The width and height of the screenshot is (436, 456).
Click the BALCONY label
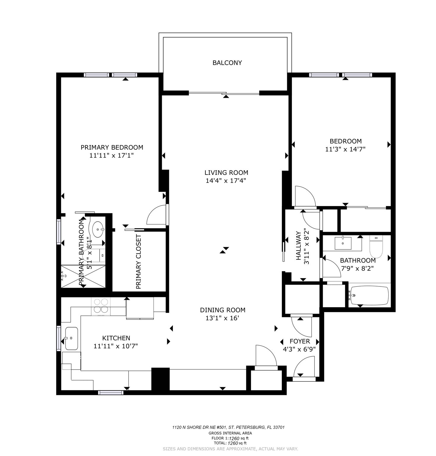[x=227, y=63]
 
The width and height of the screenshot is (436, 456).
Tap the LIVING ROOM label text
[x=226, y=172]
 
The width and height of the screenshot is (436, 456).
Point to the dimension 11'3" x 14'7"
[x=345, y=149]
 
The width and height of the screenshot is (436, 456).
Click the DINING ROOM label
[x=223, y=310]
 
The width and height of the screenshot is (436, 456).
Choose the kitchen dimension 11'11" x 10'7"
[x=116, y=346]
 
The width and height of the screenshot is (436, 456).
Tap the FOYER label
[x=300, y=341]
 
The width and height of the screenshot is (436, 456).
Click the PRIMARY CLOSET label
[x=138, y=262]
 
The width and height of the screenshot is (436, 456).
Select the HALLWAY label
[x=299, y=246]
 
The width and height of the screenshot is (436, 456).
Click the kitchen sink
[x=71, y=338]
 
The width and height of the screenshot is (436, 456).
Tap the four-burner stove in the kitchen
[x=101, y=306]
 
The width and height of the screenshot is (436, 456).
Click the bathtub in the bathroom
[x=369, y=296]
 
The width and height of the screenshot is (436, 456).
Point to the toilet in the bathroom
[x=376, y=246]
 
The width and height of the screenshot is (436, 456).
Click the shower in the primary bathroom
[x=83, y=276]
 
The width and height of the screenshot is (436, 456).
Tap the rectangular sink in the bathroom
[x=343, y=243]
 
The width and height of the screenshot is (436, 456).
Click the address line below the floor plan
[x=229, y=427]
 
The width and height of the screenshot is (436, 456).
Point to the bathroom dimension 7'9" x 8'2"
[x=358, y=268]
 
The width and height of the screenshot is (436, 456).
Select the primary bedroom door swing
[x=156, y=214]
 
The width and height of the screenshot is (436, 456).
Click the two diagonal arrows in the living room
[x=224, y=250]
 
